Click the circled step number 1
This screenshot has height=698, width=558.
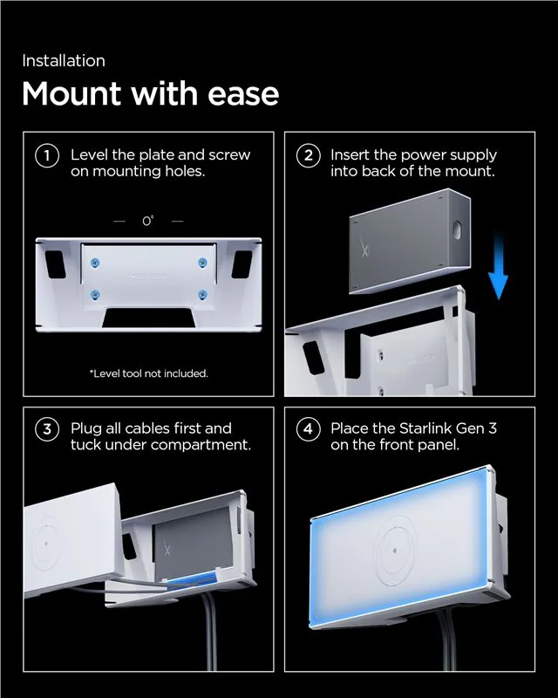(x=47, y=156)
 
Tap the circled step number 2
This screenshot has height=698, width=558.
(x=309, y=156)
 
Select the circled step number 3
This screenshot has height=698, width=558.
(x=47, y=429)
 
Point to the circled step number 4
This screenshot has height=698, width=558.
(x=309, y=429)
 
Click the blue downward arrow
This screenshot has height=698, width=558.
(x=498, y=266)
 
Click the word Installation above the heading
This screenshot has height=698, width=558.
(x=64, y=61)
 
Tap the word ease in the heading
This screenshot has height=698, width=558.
(x=243, y=94)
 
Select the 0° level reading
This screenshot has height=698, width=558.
(x=148, y=221)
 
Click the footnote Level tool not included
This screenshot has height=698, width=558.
(x=148, y=373)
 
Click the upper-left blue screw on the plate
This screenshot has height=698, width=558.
(x=95, y=263)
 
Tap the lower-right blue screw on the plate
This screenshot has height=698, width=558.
(x=202, y=295)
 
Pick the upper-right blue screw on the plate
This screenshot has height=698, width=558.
(x=202, y=263)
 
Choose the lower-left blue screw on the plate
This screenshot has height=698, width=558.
(x=95, y=295)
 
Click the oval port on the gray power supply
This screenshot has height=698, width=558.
(x=457, y=230)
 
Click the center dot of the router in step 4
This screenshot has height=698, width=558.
(x=395, y=551)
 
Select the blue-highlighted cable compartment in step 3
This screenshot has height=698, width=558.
(x=193, y=581)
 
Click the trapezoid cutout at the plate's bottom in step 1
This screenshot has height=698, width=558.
(x=148, y=318)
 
